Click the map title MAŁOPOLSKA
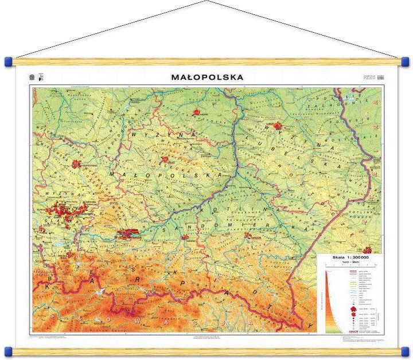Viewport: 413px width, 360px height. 207,76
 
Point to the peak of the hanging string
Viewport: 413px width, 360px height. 206,2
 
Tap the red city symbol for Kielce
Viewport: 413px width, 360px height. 166,160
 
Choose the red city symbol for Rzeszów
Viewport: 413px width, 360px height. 248,235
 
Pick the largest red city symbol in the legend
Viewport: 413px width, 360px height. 351,311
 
